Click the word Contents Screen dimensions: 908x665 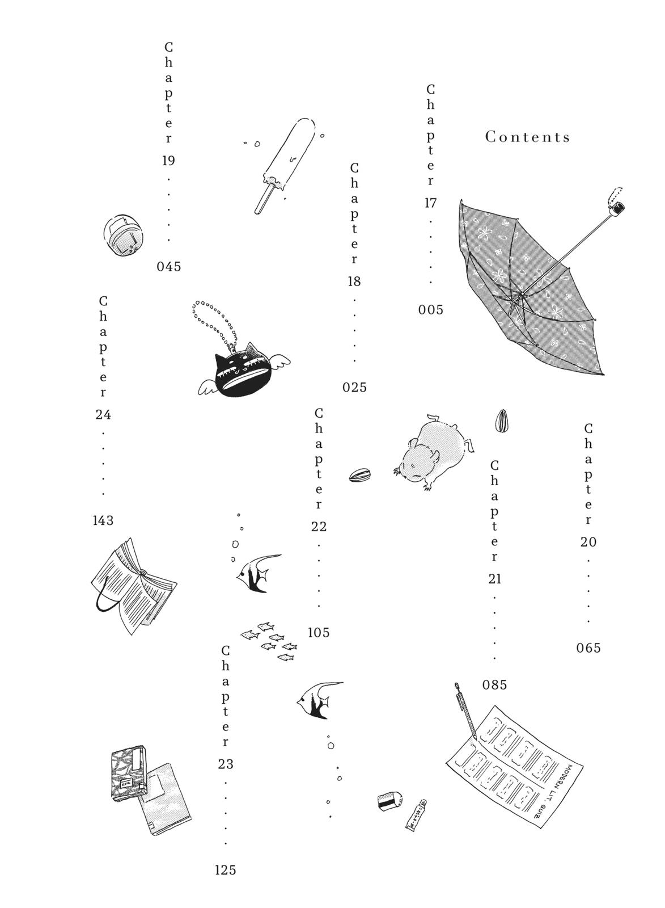pyautogui.click(x=528, y=137)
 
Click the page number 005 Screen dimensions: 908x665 pyautogui.click(x=431, y=310)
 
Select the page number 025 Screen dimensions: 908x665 pyautogui.click(x=355, y=388)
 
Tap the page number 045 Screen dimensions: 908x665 pyautogui.click(x=169, y=267)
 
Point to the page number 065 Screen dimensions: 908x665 pyautogui.click(x=588, y=648)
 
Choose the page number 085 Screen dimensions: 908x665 pyautogui.click(x=495, y=685)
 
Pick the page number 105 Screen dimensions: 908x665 pyautogui.click(x=319, y=633)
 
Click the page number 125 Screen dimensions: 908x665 pyautogui.click(x=226, y=870)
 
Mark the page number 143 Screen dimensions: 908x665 pyautogui.click(x=103, y=520)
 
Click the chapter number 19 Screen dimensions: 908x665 pyautogui.click(x=168, y=161)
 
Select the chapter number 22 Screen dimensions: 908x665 pyautogui.click(x=319, y=527)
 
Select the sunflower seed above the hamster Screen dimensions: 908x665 pyautogui.click(x=501, y=421)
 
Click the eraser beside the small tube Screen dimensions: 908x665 pyautogui.click(x=390, y=800)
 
